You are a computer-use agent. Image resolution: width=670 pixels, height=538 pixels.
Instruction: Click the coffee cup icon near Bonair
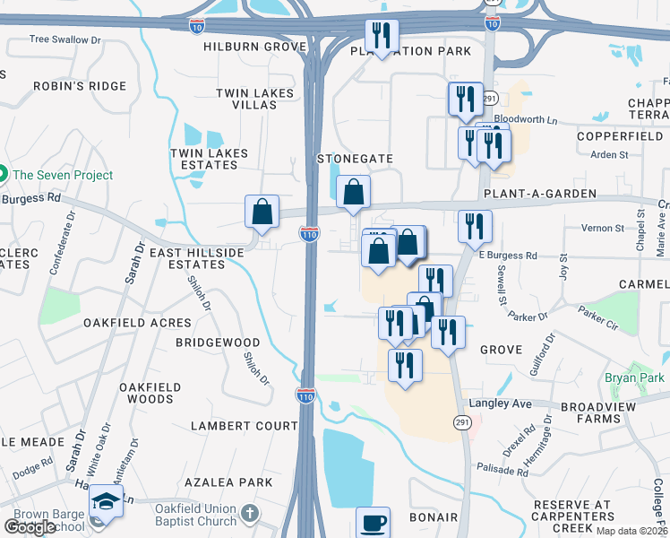(x=373, y=522)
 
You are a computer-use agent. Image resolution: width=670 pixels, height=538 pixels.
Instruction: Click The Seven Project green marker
(x=3, y=175)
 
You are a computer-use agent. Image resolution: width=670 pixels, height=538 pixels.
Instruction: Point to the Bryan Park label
(x=634, y=378)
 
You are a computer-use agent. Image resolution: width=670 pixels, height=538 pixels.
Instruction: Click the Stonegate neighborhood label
(x=356, y=159)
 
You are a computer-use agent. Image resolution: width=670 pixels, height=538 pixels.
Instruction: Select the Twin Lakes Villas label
(x=246, y=99)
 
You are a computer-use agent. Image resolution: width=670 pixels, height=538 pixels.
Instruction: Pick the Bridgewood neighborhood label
(x=218, y=343)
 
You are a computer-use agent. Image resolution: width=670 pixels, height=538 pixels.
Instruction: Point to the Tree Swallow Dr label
(x=64, y=39)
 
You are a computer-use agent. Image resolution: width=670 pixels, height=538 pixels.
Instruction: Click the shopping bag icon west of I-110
(x=262, y=213)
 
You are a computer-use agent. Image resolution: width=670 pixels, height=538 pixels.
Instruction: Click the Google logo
(x=30, y=527)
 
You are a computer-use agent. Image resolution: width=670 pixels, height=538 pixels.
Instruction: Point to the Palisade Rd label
(x=503, y=470)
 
